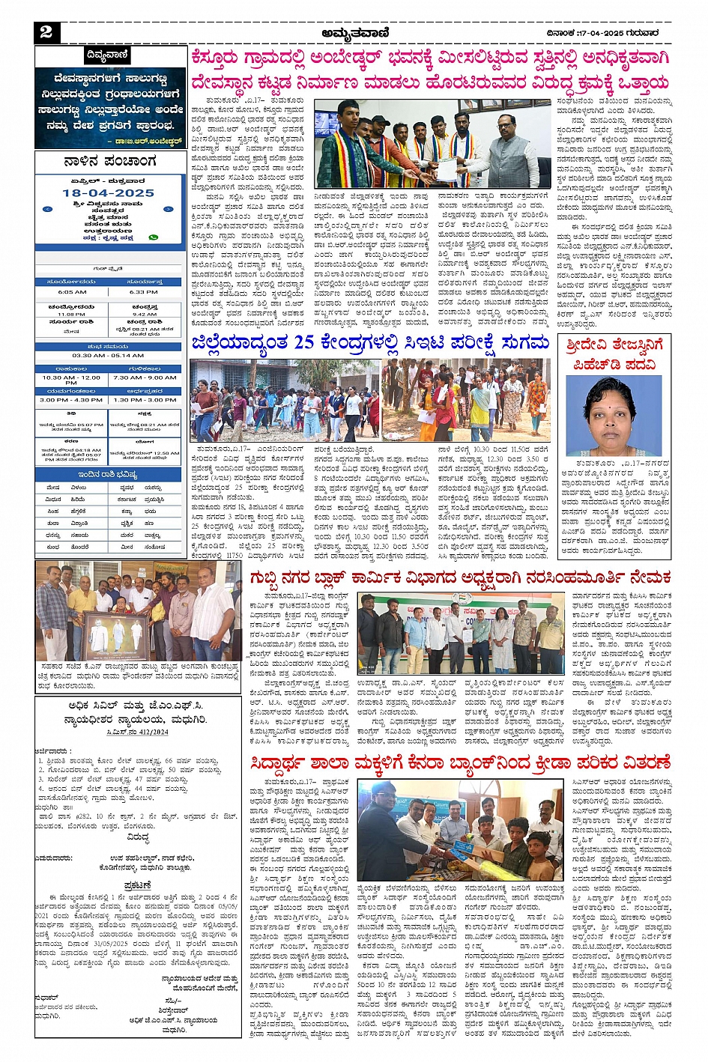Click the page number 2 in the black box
[46, 32]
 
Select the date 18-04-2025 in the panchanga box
[108, 192]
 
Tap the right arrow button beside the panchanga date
[169, 210]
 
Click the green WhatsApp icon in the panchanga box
[154, 237]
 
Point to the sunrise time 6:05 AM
[72, 291]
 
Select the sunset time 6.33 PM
[144, 291]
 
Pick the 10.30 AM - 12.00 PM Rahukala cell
[71, 380]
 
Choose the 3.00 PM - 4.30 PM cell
[71, 400]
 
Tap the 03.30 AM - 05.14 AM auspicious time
[109, 356]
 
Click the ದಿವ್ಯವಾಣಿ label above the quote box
[109, 55]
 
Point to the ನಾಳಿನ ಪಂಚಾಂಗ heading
[109, 162]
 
